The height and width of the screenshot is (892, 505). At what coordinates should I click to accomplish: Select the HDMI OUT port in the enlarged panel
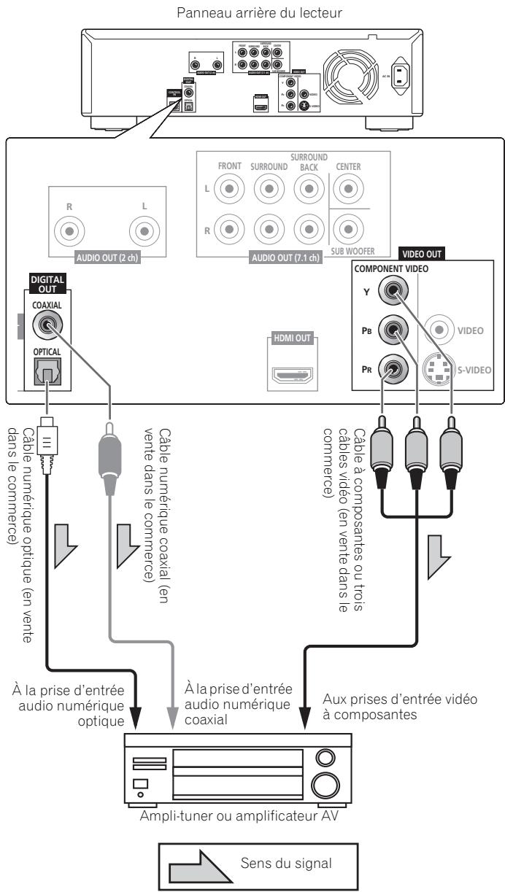(293, 375)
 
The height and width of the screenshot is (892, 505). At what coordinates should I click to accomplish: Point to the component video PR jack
(395, 369)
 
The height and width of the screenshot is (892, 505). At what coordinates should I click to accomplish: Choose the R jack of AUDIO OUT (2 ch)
(69, 233)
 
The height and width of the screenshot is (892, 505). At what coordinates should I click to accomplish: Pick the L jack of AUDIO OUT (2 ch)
(144, 233)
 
